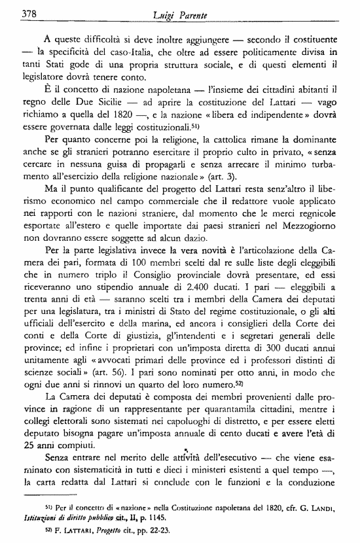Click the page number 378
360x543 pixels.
coord(29,12)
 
